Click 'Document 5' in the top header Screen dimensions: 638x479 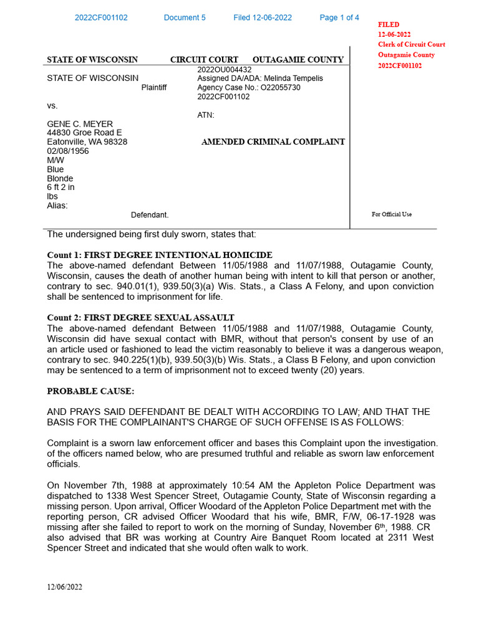185,17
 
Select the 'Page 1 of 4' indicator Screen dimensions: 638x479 339,17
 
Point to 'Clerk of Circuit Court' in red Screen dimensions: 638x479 412,45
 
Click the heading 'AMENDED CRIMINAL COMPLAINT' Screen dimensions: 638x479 273,142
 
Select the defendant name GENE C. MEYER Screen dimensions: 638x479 80,124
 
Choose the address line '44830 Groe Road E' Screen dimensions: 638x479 84,133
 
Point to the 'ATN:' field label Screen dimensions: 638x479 206,115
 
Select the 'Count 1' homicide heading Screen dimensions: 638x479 160,255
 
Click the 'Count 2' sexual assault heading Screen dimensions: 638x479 141,318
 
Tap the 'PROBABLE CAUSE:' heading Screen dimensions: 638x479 90,391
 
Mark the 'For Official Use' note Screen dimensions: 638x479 392,214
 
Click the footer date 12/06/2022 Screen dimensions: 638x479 64,587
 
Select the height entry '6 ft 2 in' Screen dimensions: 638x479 60,187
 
